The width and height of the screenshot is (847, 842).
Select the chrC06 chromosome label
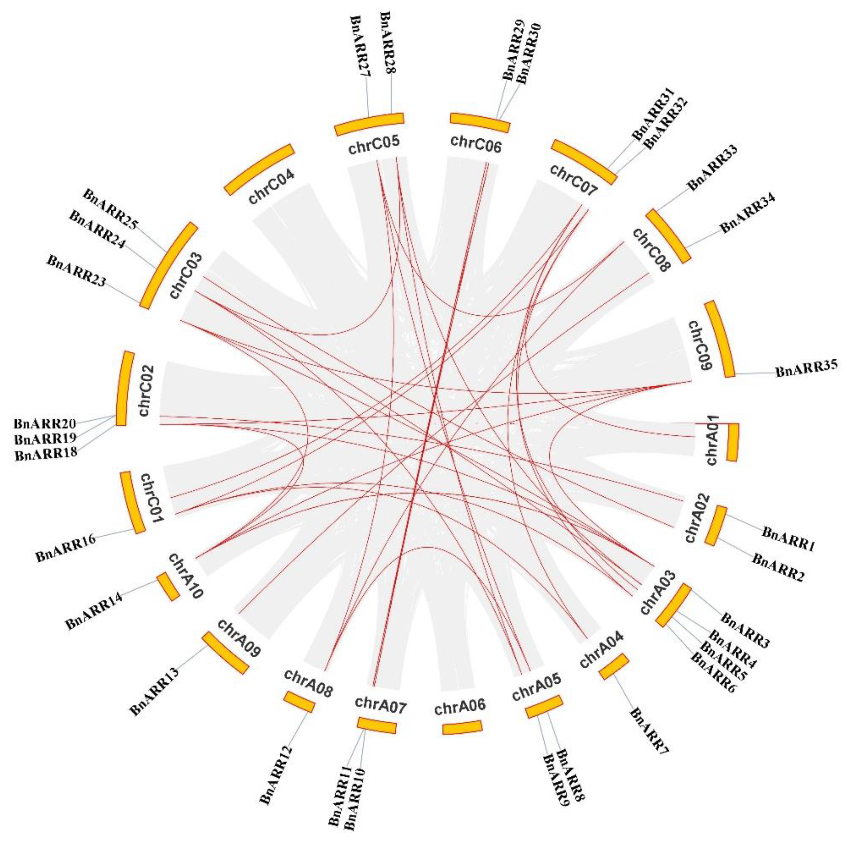[x=475, y=144]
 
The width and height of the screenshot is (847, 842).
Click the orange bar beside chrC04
[x=259, y=170]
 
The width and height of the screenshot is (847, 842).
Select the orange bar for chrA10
[x=168, y=586]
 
